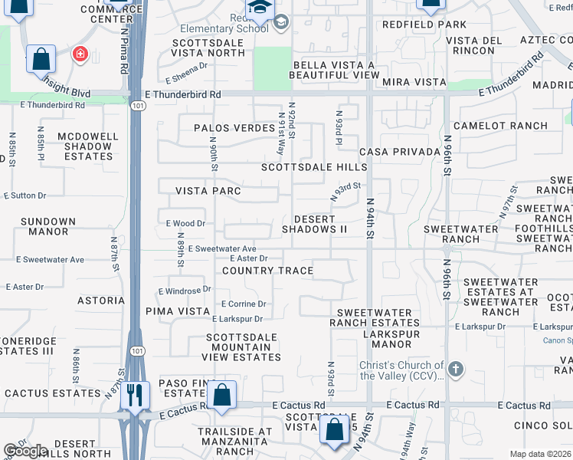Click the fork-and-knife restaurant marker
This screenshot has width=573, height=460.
[x=136, y=396]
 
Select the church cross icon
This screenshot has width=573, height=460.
[x=456, y=370]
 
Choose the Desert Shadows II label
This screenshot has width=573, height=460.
[x=315, y=225]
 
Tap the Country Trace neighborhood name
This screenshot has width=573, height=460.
[x=267, y=271]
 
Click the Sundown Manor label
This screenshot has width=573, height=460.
[x=48, y=227]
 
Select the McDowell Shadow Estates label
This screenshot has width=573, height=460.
[x=88, y=146]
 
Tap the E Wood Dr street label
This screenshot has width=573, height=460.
[x=186, y=224]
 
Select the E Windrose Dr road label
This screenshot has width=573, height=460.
[x=185, y=291]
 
